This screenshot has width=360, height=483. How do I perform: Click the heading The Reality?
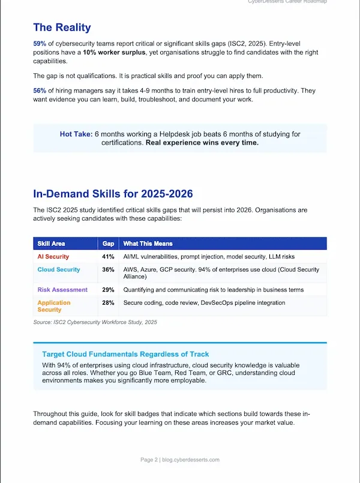(x=62, y=27)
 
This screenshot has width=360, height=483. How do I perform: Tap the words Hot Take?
(x=76, y=134)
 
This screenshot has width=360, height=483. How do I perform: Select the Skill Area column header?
(x=52, y=244)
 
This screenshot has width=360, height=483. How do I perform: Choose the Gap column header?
(x=108, y=244)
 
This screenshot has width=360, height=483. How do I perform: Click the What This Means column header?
(x=148, y=244)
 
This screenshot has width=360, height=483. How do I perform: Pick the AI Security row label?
(x=53, y=257)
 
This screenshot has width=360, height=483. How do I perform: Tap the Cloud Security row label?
(x=59, y=269)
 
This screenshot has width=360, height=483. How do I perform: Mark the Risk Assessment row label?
(x=62, y=290)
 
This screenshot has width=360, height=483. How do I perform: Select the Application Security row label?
(x=54, y=306)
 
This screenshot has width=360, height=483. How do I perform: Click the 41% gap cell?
(x=108, y=257)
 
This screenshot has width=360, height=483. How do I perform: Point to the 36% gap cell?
(x=108, y=269)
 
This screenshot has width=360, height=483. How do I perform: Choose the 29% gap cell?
(x=108, y=290)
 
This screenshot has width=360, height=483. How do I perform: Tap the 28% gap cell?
(x=108, y=303)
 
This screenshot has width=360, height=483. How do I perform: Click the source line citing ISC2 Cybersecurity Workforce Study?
(x=95, y=323)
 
